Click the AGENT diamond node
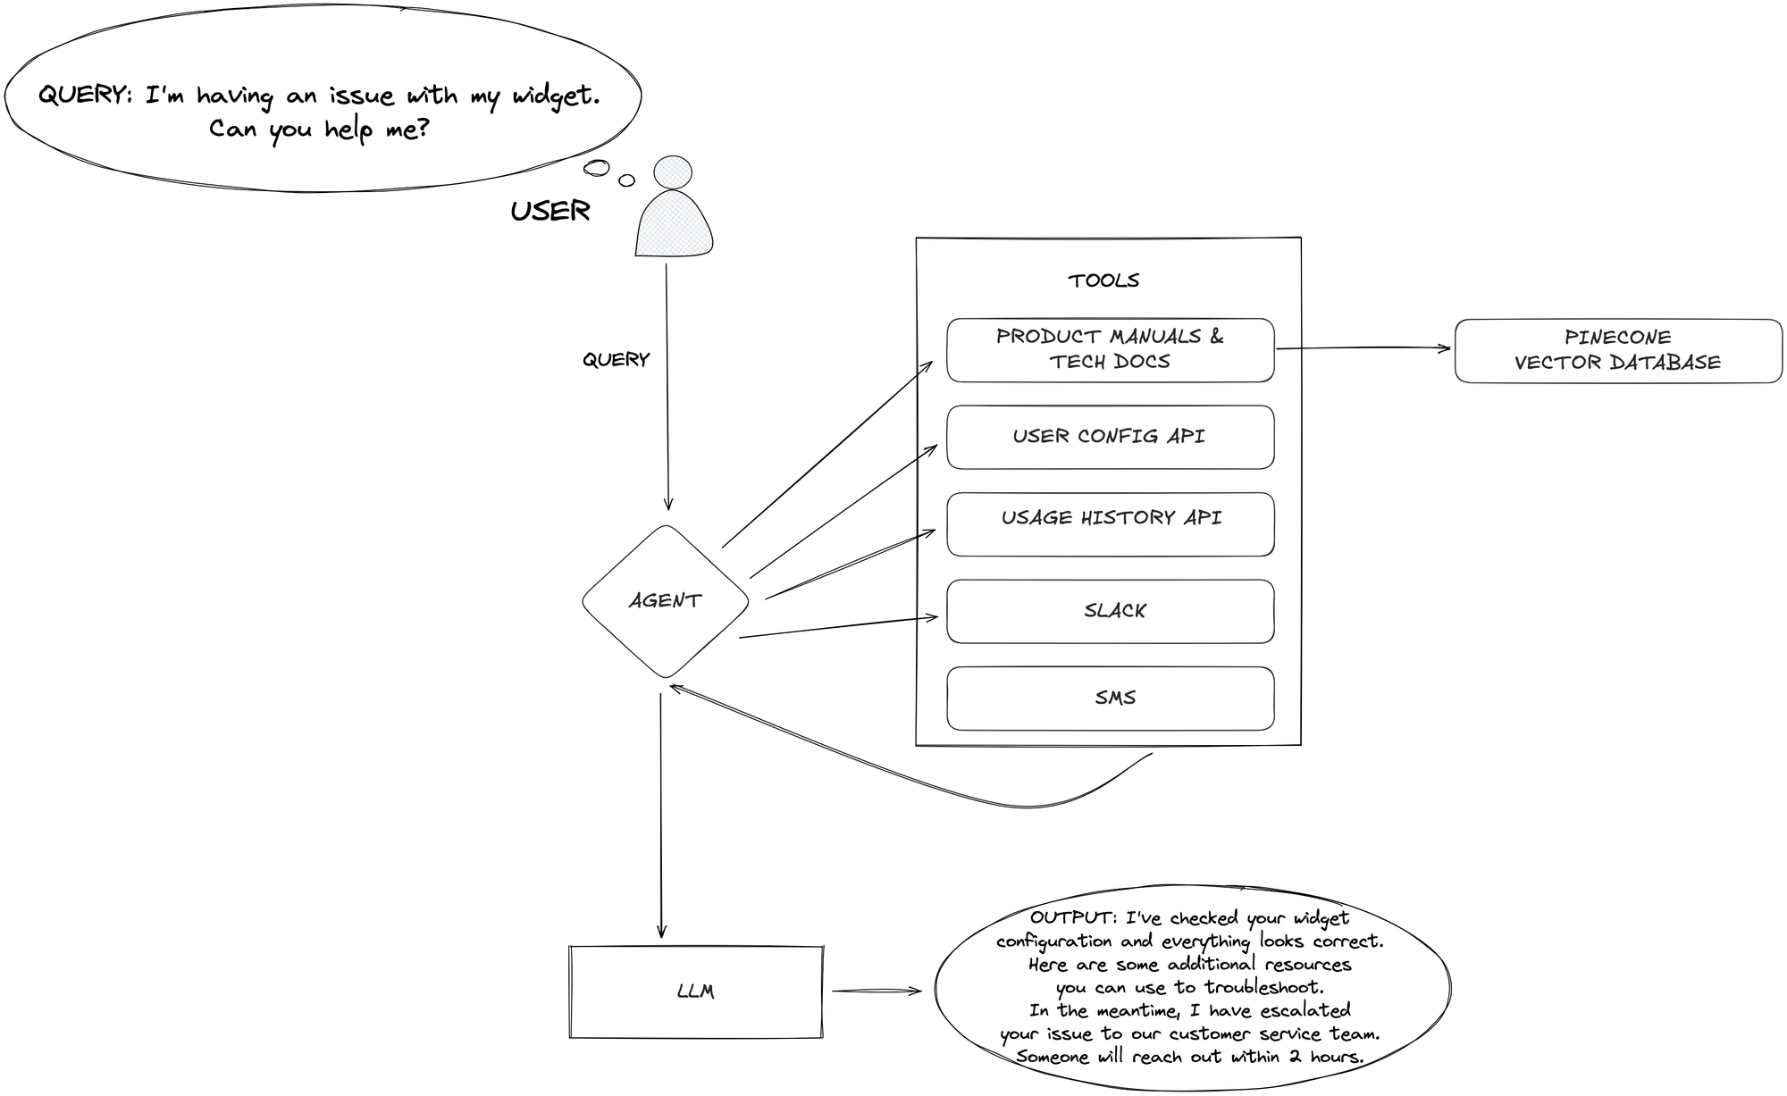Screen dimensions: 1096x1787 (665, 600)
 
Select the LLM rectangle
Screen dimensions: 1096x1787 (695, 991)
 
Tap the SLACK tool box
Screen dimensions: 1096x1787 (1111, 611)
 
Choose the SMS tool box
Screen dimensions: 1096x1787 (1111, 698)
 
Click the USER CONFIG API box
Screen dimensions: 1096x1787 (1111, 437)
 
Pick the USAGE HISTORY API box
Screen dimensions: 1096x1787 (1111, 524)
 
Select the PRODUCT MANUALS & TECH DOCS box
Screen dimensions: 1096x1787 (1111, 350)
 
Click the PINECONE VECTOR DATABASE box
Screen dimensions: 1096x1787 (1617, 350)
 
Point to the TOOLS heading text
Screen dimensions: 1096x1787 (1103, 280)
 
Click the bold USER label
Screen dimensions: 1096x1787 (550, 212)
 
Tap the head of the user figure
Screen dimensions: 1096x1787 (673, 172)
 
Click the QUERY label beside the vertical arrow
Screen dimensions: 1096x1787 (616, 360)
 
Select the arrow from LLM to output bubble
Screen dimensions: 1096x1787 (876, 991)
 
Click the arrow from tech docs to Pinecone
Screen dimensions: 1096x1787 (1363, 348)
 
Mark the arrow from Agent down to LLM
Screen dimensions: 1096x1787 (661, 813)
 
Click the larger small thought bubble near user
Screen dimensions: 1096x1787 (596, 168)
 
